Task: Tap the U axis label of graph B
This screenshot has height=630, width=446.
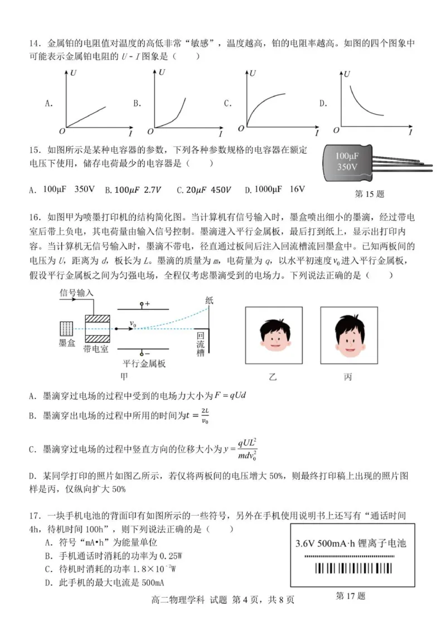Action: pos(162,72)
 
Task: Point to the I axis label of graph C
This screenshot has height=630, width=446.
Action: pos(316,133)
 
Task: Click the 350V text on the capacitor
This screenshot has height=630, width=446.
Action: pos(347,167)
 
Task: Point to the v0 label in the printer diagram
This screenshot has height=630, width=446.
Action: pos(133,322)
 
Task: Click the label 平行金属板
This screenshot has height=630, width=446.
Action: pos(144,364)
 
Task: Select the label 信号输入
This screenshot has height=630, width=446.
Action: pos(76,292)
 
